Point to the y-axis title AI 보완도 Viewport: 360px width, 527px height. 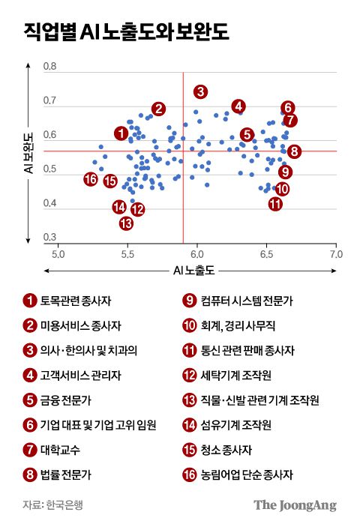point(29,154)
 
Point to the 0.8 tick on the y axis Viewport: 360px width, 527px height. point(50,67)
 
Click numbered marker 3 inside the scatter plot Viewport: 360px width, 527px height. point(199,91)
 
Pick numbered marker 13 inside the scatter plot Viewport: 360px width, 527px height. point(126,223)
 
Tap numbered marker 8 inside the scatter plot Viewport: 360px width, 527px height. point(294,151)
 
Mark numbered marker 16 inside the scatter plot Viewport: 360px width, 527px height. point(91,178)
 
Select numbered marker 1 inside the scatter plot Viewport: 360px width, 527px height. point(121,133)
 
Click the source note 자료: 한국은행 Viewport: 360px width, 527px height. point(52,505)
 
